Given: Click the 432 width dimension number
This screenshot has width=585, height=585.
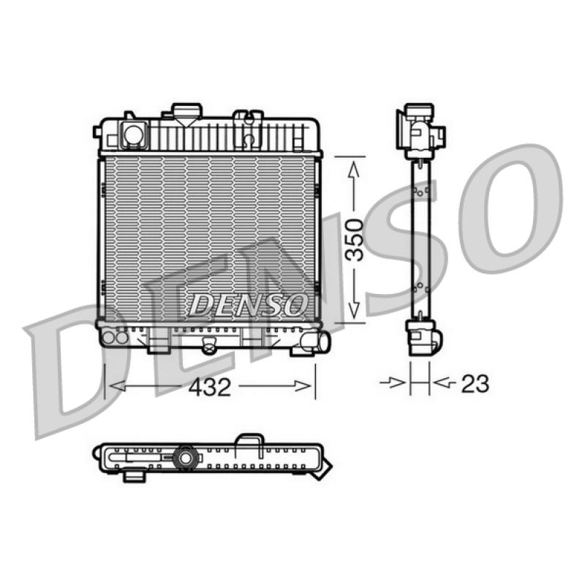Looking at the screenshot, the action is click(210, 387).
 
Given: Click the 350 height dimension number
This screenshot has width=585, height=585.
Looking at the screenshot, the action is click(355, 240).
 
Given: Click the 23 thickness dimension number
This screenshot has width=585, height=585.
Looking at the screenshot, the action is click(475, 383).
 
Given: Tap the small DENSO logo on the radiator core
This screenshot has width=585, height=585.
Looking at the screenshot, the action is click(248, 304).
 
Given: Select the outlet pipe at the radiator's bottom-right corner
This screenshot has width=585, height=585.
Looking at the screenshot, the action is click(317, 341).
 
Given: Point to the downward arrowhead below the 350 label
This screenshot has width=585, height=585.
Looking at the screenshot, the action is click(353, 310).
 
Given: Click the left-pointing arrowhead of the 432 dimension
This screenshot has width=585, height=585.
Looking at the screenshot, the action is click(117, 386).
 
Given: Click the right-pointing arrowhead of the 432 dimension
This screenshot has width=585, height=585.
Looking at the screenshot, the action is click(302, 386).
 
